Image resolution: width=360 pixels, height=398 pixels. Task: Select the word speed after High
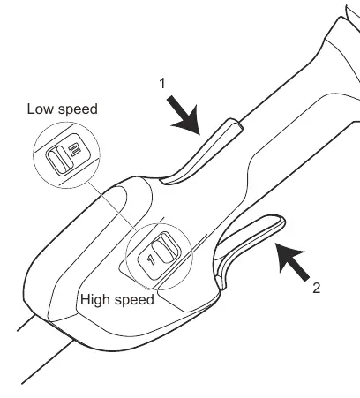134,301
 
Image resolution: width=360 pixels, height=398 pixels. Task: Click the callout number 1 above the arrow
162,83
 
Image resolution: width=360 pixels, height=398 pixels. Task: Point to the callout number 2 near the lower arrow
316,288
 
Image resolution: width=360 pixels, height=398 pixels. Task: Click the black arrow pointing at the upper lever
184,116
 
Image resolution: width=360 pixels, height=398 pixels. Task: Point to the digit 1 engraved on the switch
151,259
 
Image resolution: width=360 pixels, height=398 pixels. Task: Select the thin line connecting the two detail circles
113,207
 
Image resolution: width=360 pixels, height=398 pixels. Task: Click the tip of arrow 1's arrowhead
199,135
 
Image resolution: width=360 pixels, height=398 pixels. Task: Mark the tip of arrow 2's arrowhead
275,244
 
